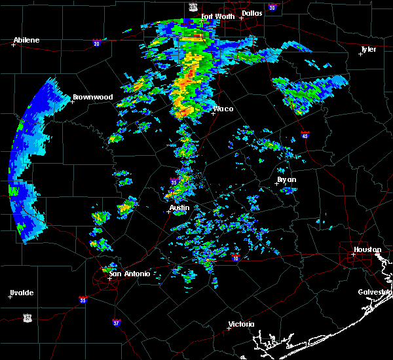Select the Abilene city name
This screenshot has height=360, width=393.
point(26,40)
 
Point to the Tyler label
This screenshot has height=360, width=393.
point(369,49)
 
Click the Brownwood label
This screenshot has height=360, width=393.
point(92,97)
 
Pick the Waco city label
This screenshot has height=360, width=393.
point(223,109)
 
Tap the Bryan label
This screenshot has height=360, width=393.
point(286,179)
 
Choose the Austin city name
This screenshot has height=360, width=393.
point(179,208)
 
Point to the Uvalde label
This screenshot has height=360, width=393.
point(22,293)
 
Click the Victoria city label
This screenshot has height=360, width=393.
point(241,324)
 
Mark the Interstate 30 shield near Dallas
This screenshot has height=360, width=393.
point(272,7)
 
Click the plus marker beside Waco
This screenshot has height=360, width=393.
point(213,113)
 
